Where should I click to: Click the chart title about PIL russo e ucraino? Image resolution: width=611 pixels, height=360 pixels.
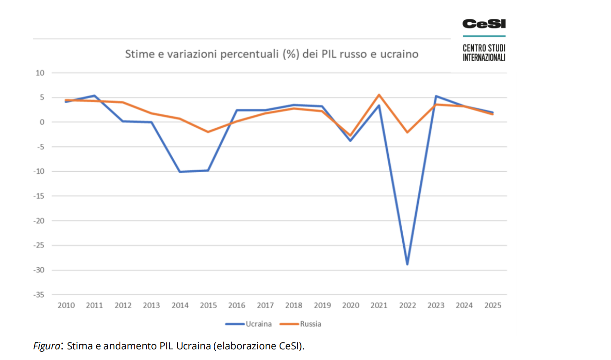tap(272, 54)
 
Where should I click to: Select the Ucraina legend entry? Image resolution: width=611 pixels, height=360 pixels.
tap(258, 324)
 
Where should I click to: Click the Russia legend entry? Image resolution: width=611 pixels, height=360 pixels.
tap(310, 324)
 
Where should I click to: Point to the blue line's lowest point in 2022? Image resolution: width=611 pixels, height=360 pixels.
tap(407, 264)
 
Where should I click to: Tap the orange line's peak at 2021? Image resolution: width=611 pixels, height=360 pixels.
tap(379, 95)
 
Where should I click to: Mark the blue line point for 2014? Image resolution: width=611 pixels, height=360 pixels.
tap(180, 172)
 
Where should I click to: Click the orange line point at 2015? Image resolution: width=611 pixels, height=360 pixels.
tap(208, 132)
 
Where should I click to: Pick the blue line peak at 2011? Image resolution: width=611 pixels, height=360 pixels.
tap(94, 96)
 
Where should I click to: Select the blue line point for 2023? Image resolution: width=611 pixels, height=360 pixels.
tap(436, 96)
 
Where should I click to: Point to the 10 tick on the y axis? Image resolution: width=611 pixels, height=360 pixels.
tap(40, 73)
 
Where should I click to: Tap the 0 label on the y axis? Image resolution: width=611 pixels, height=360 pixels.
tap(42, 122)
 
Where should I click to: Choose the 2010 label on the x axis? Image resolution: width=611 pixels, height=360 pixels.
tap(66, 305)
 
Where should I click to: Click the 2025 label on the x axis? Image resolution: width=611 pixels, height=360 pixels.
tap(493, 305)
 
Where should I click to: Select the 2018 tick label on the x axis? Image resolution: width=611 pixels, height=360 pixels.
tap(293, 305)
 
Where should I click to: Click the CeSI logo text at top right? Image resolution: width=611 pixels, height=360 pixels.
tap(484, 24)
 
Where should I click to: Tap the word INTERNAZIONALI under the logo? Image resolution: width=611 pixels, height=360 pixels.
tap(484, 58)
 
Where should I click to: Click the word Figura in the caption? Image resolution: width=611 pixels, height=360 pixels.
tap(47, 346)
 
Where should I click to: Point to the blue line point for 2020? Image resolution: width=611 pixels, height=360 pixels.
tap(350, 140)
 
